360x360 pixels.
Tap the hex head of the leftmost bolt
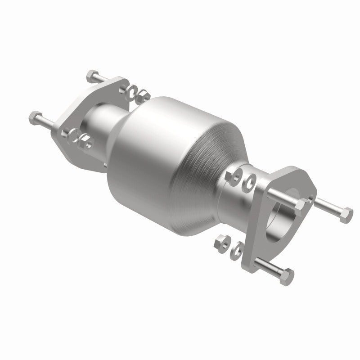coord(35,118)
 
